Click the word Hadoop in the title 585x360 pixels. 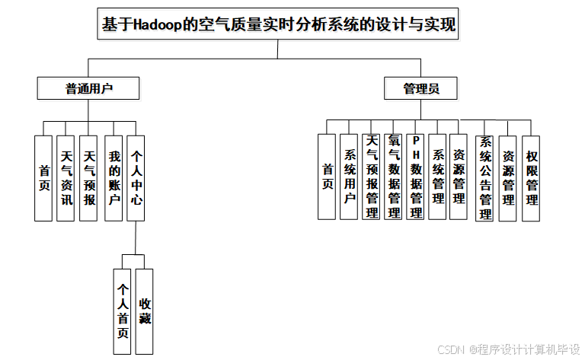point(159,25)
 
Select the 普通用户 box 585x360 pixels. point(88,88)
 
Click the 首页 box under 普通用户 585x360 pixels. point(43,178)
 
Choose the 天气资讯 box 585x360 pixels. point(66,178)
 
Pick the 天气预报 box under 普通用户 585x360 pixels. point(88,178)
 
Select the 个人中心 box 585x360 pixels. point(136,178)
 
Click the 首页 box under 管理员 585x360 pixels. point(327,177)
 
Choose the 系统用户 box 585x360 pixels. point(349,177)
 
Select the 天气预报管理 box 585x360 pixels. point(371,177)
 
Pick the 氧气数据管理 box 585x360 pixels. point(393,177)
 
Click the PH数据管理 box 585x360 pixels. point(415,177)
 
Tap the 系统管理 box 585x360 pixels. point(437,177)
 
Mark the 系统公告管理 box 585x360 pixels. point(484,178)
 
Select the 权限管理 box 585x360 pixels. point(531,178)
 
